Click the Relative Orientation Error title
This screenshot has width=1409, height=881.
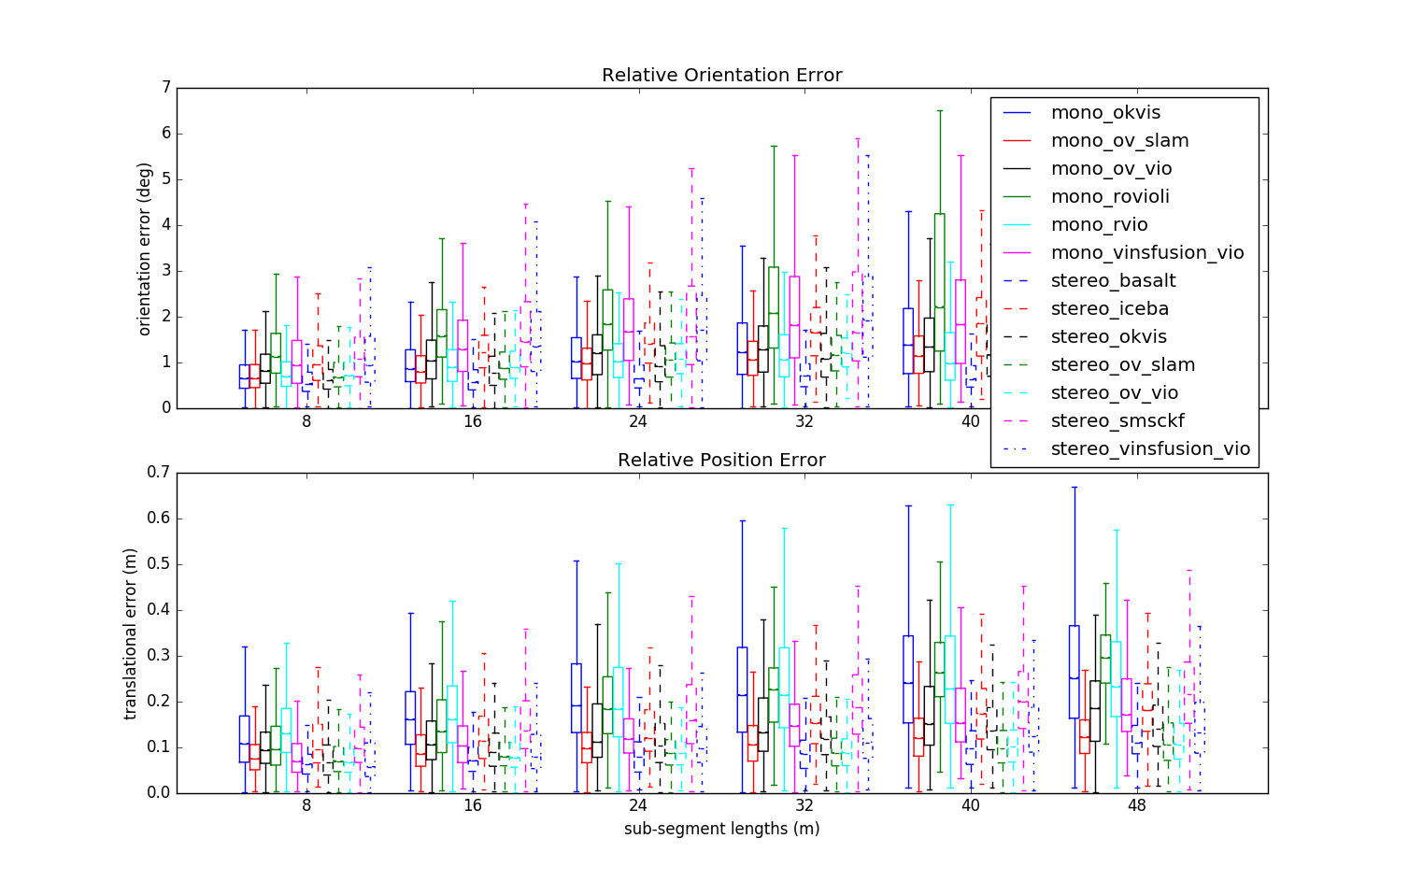click(x=721, y=75)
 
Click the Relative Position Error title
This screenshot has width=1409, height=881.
click(x=721, y=460)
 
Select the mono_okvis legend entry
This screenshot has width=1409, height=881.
click(x=1105, y=113)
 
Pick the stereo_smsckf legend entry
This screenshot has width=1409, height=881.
click(x=1117, y=421)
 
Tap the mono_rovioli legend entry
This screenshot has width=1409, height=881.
click(x=1110, y=197)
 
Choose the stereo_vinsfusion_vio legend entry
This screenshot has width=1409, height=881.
click(x=1150, y=449)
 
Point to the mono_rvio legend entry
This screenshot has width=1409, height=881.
click(x=1100, y=225)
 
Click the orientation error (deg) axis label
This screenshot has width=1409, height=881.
click(x=144, y=249)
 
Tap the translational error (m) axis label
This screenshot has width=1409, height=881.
click(x=131, y=633)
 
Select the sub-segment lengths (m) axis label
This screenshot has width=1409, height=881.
click(x=721, y=829)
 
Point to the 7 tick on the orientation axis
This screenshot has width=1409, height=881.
click(x=166, y=88)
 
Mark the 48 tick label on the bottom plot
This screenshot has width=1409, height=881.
click(x=1136, y=805)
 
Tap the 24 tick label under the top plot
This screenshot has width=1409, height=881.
click(x=638, y=421)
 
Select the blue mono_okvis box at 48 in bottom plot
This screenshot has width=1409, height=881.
click(x=1075, y=671)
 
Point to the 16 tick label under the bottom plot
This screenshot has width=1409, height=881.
click(x=473, y=805)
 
